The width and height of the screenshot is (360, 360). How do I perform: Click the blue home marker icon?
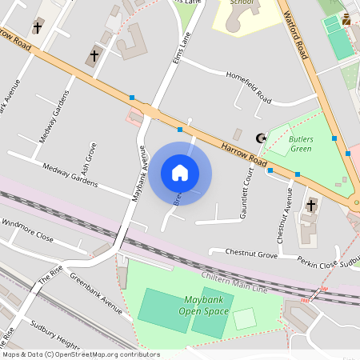click(180, 173)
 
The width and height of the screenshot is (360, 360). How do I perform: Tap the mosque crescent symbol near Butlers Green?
click(259, 138)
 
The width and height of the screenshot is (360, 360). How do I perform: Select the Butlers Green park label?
click(300, 143)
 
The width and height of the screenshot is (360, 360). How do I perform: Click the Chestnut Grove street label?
click(250, 254)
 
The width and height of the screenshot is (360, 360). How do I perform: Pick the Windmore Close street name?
click(27, 231)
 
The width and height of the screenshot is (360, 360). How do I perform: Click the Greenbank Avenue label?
click(95, 292)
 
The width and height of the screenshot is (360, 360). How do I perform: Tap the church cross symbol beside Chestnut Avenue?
click(312, 206)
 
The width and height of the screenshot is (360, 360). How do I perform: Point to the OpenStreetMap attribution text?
click(80, 354)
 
